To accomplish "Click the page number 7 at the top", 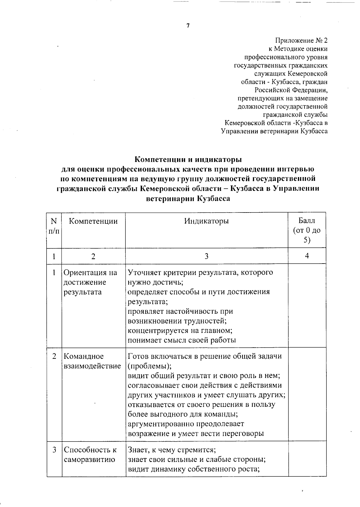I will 188,26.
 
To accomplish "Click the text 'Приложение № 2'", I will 301,41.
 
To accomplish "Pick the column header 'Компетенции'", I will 93,221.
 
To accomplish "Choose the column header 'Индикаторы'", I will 206,221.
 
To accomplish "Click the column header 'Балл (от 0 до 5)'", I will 307,230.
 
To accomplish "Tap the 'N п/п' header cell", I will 54,226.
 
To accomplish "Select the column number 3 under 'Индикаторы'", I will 206,256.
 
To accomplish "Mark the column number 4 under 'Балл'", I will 307,256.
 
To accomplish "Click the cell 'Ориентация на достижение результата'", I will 90,282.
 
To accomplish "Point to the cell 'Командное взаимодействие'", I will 92,361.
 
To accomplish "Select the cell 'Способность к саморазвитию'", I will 90,454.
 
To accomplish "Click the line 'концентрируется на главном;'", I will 180,330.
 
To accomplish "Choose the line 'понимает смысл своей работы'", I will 182,340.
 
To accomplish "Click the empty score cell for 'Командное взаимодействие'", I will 307,394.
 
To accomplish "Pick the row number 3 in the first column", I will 54,450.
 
